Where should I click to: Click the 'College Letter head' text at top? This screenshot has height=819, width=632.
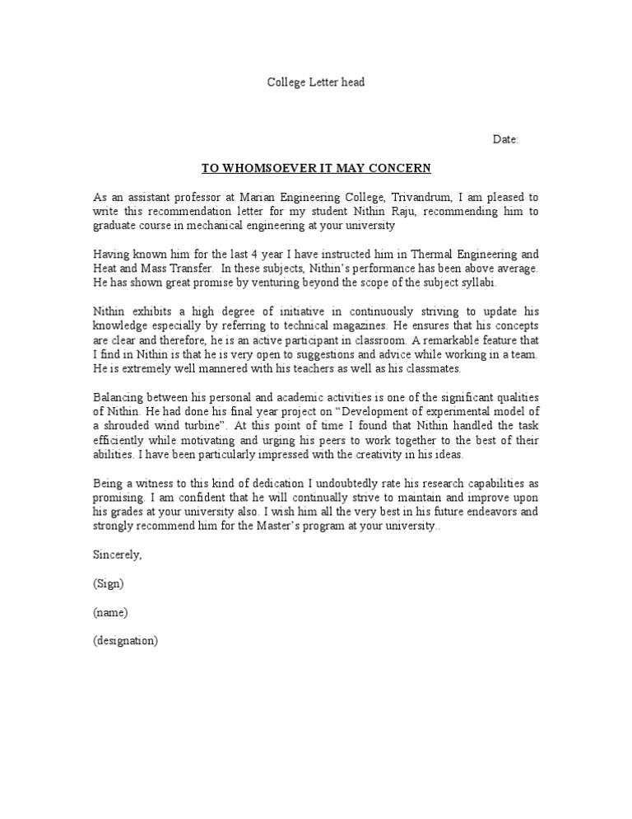point(316,82)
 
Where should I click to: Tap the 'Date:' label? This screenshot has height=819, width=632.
point(505,139)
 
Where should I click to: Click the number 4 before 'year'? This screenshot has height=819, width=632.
point(256,255)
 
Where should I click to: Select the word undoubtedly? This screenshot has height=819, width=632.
point(328,483)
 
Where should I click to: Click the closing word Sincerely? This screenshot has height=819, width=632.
point(118,555)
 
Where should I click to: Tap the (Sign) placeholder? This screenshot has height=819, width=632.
point(109,583)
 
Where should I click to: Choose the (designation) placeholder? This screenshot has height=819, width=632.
point(125,640)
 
